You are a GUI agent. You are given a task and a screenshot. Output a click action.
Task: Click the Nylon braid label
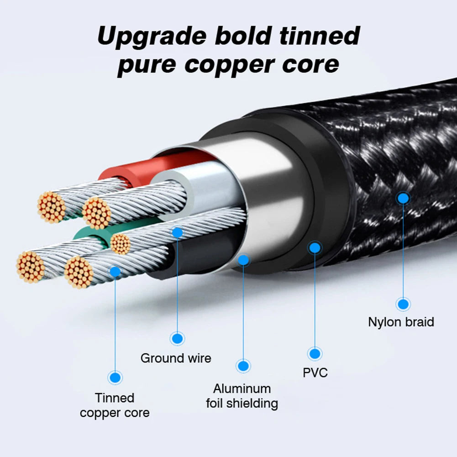[x=401, y=322]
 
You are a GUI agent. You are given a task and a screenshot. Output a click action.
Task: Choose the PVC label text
[x=315, y=373]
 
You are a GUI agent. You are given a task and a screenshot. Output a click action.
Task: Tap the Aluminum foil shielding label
[x=242, y=396]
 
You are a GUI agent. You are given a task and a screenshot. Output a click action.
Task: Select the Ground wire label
[x=176, y=358]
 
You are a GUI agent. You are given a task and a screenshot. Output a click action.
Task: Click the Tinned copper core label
[x=115, y=405]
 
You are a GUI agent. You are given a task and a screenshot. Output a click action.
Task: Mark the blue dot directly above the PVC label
[x=315, y=353]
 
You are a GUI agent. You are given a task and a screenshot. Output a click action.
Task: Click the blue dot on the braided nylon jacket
[x=403, y=198]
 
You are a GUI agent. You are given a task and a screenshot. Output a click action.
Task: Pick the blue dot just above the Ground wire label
[x=178, y=338]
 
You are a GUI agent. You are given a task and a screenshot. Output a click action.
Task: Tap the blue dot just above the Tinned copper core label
[x=115, y=378]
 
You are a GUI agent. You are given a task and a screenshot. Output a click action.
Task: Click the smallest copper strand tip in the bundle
[x=121, y=243]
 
